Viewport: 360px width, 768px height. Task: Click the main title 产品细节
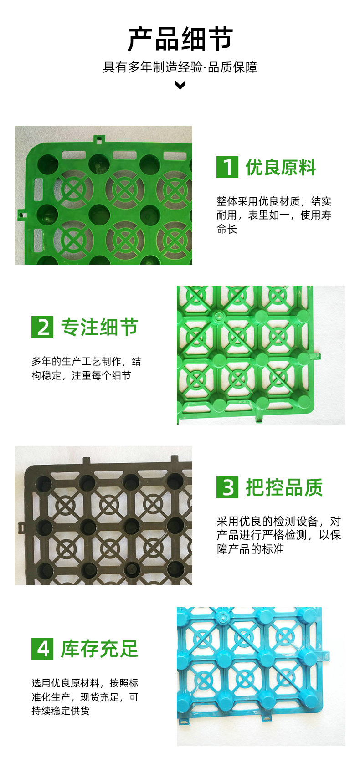click(180, 40)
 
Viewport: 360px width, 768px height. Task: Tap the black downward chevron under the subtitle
click(180, 85)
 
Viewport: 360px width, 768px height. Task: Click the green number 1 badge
click(227, 167)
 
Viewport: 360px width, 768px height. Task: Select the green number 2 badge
click(42, 327)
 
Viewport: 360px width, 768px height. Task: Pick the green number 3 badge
click(227, 487)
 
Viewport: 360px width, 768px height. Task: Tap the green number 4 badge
click(42, 648)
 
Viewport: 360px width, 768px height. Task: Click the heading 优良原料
click(280, 167)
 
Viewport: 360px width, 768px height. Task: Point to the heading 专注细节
click(99, 327)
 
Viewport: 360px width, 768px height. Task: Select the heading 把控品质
click(284, 487)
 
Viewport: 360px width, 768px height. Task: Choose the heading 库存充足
click(99, 649)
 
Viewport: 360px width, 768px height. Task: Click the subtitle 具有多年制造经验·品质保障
click(180, 67)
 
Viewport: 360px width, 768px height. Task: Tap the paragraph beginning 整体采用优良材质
click(273, 215)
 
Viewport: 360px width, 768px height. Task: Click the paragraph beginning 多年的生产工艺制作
click(87, 368)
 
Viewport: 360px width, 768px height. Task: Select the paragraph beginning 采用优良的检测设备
click(279, 535)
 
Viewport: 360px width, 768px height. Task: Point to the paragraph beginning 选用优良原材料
click(85, 696)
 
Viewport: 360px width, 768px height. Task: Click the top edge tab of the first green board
click(99, 139)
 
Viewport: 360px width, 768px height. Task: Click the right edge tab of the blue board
click(325, 656)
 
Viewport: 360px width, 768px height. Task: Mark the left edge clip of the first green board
click(23, 215)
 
